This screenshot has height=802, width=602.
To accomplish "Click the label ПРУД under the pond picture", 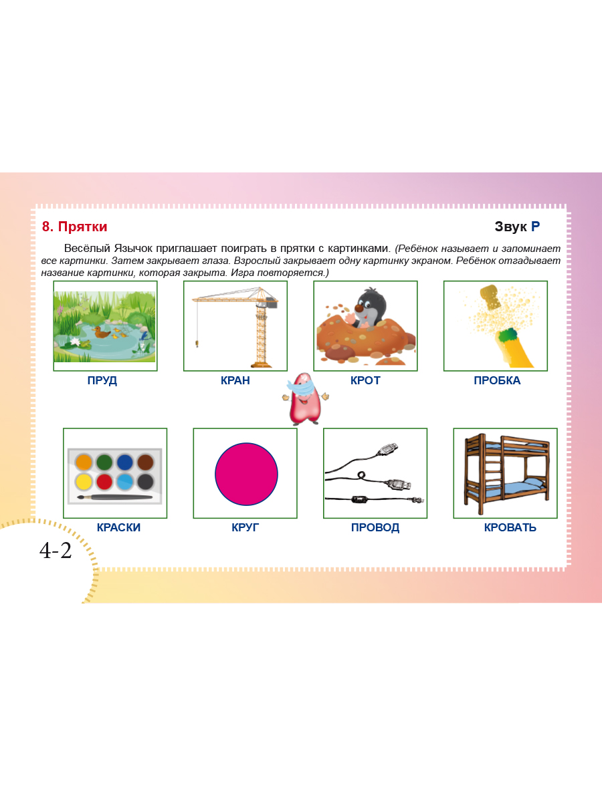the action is [102, 380].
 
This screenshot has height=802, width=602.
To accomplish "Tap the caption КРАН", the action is [235, 380].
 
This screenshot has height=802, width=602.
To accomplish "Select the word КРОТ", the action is [365, 380].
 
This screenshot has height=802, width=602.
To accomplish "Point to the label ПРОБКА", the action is [497, 380].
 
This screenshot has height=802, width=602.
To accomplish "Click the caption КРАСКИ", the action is [118, 527].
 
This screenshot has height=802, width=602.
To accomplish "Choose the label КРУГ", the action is [245, 527].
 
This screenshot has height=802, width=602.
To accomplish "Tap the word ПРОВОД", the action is [375, 527].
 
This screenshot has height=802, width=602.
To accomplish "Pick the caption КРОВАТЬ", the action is [510, 527].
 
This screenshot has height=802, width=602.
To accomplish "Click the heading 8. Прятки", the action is [74, 227].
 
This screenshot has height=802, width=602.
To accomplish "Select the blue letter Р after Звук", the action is [535, 227].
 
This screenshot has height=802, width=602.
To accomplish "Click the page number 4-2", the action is [56, 551].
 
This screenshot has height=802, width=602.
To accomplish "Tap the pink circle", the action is [246, 474].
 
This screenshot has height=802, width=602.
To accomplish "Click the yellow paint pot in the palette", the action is [84, 482].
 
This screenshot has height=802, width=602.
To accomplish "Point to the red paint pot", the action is [104, 482].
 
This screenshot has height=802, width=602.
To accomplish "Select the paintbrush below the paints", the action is [115, 497].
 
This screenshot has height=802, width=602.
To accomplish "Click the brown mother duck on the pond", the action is [101, 333].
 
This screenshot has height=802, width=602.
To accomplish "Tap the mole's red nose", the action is [360, 309].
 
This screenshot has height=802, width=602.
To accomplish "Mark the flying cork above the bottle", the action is [491, 297].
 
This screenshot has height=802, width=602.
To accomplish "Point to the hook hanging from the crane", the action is [197, 344].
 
